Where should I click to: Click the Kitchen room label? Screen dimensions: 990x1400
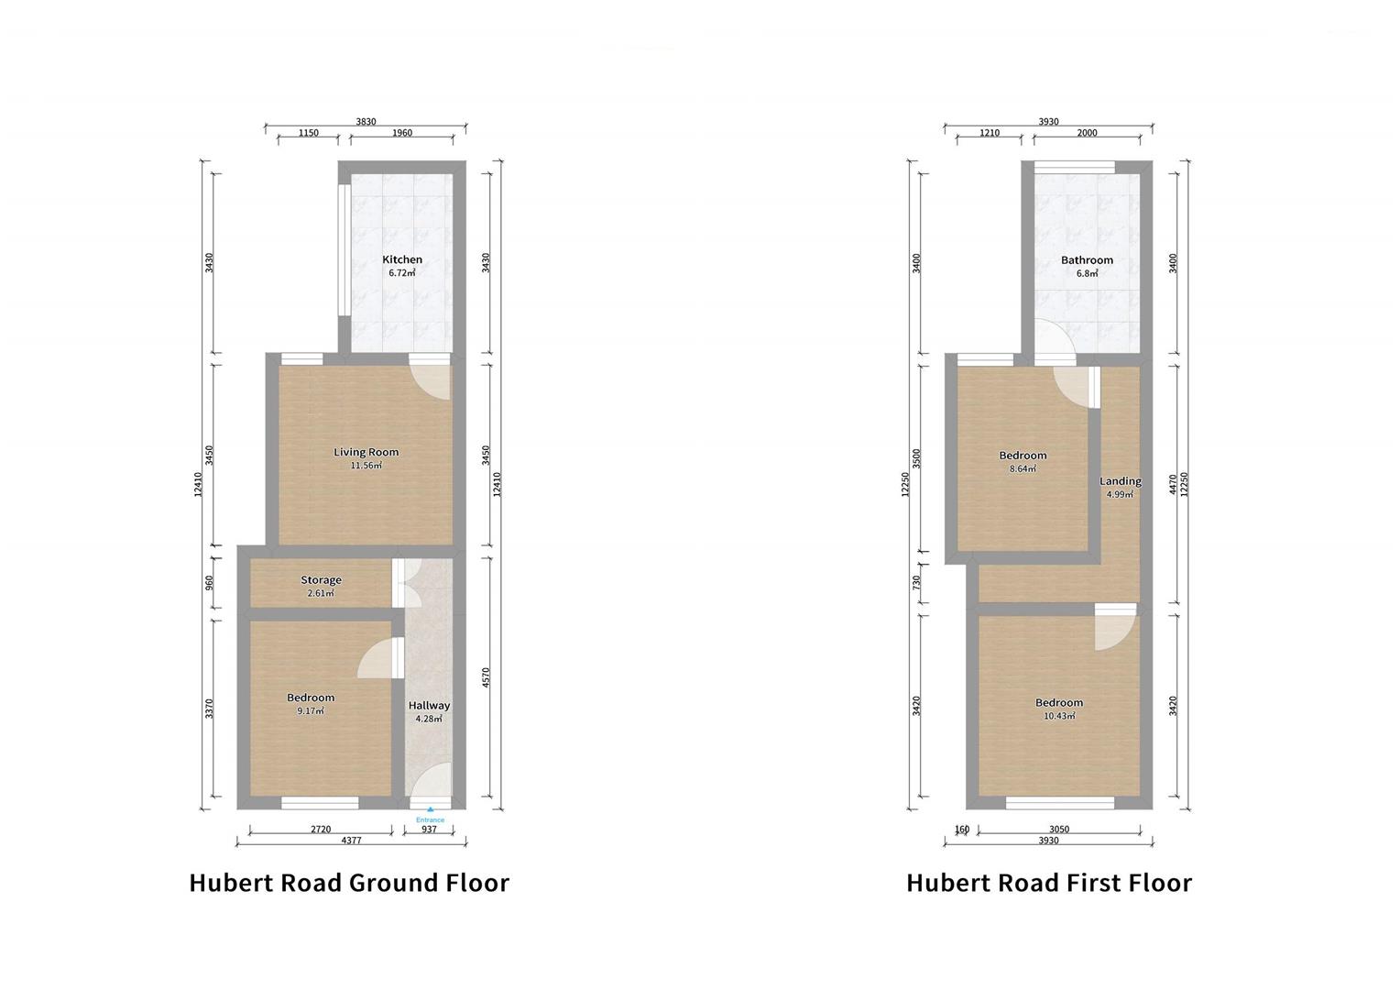click(402, 259)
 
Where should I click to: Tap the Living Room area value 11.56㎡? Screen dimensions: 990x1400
click(366, 466)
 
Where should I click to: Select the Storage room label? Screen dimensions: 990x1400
click(321, 579)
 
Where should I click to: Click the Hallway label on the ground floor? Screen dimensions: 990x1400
click(429, 705)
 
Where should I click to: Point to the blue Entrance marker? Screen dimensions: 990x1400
click(430, 816)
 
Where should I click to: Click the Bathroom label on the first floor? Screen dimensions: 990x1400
click(1087, 259)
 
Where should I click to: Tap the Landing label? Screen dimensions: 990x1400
click(1120, 481)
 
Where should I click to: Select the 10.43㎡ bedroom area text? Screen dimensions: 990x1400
click(1059, 716)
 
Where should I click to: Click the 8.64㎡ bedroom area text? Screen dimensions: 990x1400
click(1023, 468)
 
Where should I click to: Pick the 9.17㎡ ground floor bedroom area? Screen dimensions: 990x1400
click(311, 710)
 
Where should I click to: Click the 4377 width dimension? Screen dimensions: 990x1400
click(351, 840)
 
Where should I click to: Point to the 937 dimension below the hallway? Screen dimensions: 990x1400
click(429, 829)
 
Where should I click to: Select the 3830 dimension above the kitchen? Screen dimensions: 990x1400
click(366, 122)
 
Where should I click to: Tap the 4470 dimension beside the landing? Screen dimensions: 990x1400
click(1173, 484)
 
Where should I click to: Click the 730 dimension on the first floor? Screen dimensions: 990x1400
click(917, 583)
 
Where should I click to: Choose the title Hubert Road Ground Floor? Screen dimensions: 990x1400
click(349, 883)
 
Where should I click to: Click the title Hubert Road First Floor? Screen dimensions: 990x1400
click(1049, 883)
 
